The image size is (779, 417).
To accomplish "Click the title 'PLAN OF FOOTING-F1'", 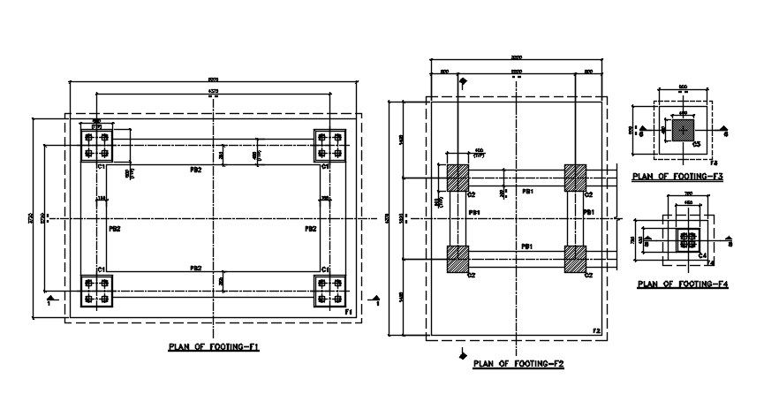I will (213, 347).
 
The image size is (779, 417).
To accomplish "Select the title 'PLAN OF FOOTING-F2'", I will (518, 363).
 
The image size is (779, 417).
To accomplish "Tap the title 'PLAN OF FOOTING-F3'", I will (677, 177).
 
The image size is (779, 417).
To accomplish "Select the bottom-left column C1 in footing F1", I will (96, 291).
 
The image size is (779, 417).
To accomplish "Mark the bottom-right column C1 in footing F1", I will (329, 291).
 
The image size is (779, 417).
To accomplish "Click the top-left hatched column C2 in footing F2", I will (458, 177).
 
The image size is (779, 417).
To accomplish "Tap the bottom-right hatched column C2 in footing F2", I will (576, 259).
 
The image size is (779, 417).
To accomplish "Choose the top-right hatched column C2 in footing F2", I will (576, 177).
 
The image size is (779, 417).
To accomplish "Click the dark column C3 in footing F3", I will (683, 130).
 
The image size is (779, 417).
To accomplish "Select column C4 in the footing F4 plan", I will (687, 239).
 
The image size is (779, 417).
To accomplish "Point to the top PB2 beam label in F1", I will (196, 168).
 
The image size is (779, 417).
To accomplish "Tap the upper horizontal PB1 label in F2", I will (526, 191).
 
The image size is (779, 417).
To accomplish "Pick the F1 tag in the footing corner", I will (349, 313).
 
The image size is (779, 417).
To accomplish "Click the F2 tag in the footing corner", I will (596, 331).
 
